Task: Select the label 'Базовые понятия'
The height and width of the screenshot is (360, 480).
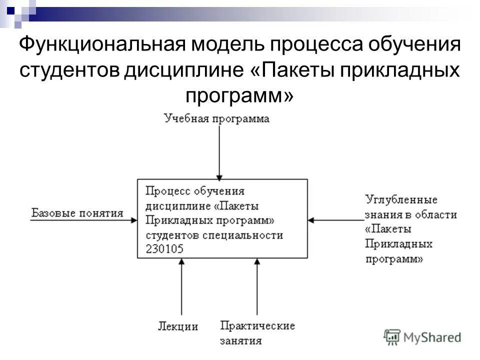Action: pyautogui.click(x=77, y=213)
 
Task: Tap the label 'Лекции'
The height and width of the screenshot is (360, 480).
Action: pyautogui.click(x=178, y=326)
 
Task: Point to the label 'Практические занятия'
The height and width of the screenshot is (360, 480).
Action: pyautogui.click(x=257, y=333)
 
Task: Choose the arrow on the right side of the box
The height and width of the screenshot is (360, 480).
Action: pyautogui.click(x=335, y=219)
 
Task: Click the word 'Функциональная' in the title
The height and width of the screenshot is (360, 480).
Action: pyautogui.click(x=99, y=45)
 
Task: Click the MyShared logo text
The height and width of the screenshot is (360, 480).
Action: pyautogui.click(x=432, y=337)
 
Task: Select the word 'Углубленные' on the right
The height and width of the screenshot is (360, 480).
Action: pyautogui.click(x=401, y=200)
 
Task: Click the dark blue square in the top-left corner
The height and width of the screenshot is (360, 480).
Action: pyautogui.click(x=10, y=8)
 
